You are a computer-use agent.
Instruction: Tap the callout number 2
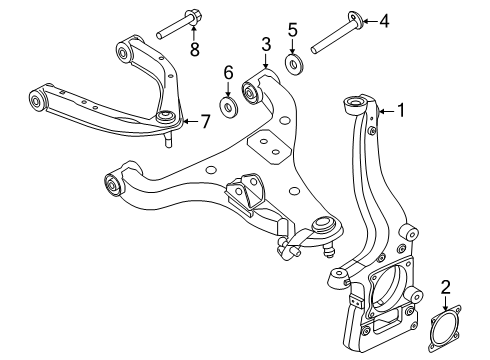[445, 288]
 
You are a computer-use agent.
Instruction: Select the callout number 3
[265, 43]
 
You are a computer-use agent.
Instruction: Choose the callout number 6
[228, 73]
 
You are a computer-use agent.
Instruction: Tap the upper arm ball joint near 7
[167, 121]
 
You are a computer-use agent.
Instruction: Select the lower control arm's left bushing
[112, 185]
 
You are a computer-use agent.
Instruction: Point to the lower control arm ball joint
[323, 227]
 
